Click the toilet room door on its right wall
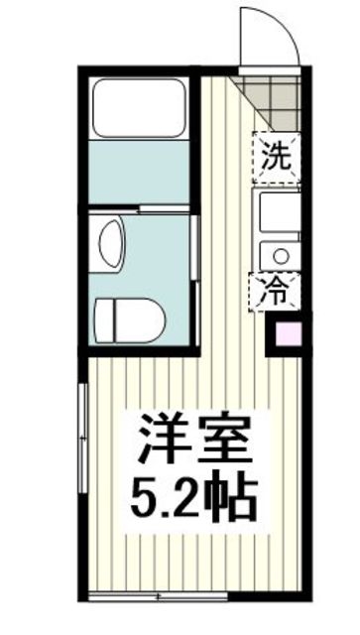195,253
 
